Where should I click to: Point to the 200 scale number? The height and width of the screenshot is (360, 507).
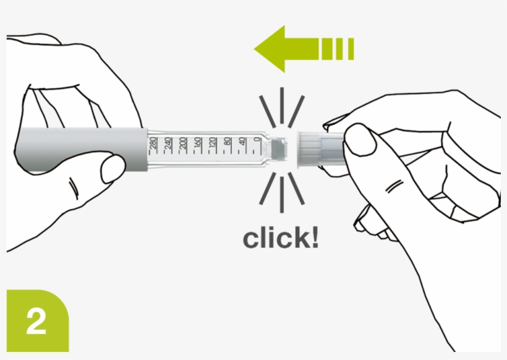click(184, 145)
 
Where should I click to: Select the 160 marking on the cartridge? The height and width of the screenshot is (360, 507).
click(198, 145)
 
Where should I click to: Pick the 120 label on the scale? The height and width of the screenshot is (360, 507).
click(213, 145)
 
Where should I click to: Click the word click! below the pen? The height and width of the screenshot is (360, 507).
click(281, 238)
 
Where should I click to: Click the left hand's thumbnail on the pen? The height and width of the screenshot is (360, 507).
click(113, 168)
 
